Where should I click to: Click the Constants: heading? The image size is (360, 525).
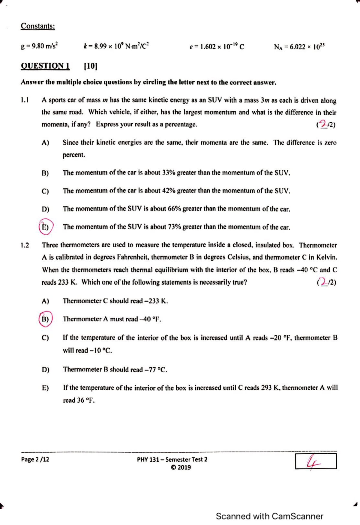pyautogui.click(x=37, y=26)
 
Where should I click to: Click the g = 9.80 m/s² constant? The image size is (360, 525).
pyautogui.click(x=39, y=46)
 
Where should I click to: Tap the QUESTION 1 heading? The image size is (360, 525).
pyautogui.click(x=45, y=66)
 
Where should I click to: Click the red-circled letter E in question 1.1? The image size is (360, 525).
pyautogui.click(x=45, y=227)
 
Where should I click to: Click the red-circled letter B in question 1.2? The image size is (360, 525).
pyautogui.click(x=45, y=319)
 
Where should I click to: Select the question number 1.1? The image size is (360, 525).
pyautogui.click(x=25, y=100)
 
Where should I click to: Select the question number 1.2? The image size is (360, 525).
pyautogui.click(x=25, y=245)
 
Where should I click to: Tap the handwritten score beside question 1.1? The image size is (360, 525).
pyautogui.click(x=323, y=124)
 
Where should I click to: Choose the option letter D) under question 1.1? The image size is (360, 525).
pyautogui.click(x=45, y=209)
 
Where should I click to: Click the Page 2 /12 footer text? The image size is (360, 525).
pyautogui.click(x=35, y=459)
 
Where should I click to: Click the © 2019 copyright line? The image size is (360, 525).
pyautogui.click(x=181, y=467)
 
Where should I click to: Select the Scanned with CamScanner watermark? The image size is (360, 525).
pyautogui.click(x=269, y=516)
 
